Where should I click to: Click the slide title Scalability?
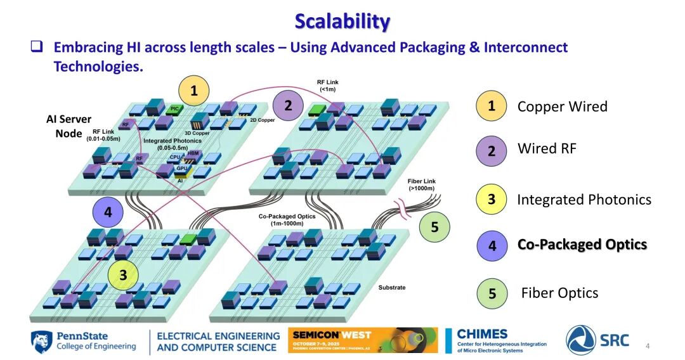342,21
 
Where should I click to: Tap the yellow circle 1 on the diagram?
194,91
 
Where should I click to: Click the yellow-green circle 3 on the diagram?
123,275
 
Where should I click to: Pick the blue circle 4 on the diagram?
108,212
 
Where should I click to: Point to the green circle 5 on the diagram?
434,227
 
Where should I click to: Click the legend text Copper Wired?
562,106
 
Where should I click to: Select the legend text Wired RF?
547,149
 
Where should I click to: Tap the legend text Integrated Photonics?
584,200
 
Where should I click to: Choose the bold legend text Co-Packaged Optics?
582,245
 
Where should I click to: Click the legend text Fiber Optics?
559,293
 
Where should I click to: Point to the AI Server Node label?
68,126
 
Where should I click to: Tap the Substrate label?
391,288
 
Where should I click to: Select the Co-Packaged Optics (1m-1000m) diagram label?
287,220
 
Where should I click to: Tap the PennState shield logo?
41,342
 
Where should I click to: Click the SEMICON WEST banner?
362,340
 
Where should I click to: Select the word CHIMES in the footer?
482,334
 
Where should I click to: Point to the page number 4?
648,345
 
